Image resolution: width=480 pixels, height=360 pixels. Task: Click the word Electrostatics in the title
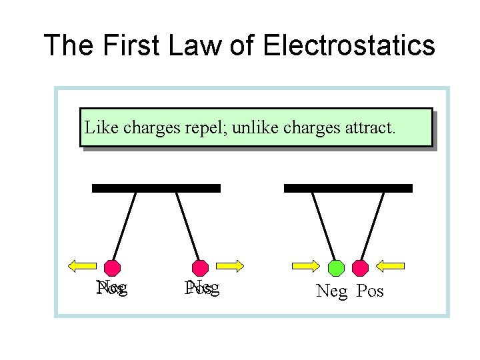tap(349, 46)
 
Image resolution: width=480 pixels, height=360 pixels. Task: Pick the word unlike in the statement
tap(257, 127)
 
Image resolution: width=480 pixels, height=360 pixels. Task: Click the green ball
tap(337, 268)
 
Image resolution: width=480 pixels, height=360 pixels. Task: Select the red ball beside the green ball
tap(360, 268)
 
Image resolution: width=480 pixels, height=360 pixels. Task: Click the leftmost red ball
tap(113, 268)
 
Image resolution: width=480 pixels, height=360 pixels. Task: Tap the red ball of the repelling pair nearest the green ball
tap(200, 268)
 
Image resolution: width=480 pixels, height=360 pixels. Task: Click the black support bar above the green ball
tap(348, 188)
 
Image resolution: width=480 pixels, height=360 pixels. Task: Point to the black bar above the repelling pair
tap(156, 188)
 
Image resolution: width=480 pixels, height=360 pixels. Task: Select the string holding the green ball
tap(324, 225)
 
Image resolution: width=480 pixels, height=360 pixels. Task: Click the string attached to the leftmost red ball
tap(125, 225)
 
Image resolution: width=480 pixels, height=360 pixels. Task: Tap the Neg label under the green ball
tap(332, 291)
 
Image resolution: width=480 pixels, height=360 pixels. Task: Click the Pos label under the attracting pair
tap(370, 291)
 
